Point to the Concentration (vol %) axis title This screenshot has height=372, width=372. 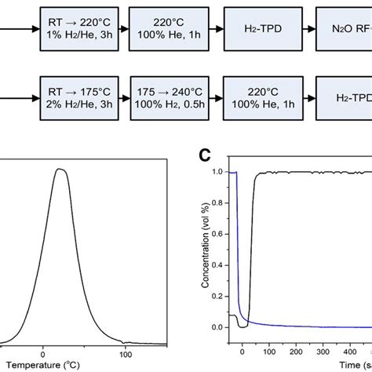206,250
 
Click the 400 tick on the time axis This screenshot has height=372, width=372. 367,353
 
